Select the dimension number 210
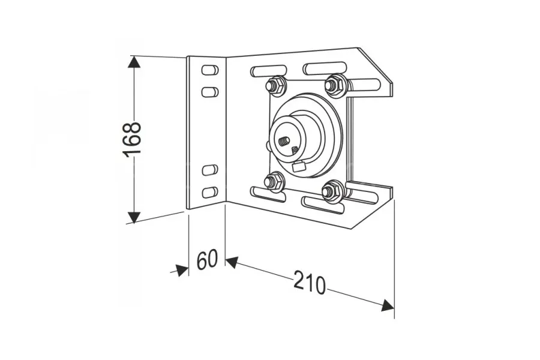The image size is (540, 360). click(x=310, y=282)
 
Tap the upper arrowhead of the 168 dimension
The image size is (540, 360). click(x=134, y=62)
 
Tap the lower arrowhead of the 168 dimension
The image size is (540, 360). click(x=134, y=217)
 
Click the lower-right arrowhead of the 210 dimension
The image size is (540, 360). click(x=388, y=305)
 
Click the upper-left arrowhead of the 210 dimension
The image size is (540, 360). click(x=232, y=262)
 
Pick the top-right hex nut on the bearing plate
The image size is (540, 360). click(x=334, y=84)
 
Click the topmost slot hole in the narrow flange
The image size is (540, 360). click(x=210, y=70)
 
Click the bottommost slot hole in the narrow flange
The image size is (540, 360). click(x=210, y=192)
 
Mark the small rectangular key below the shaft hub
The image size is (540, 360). click(x=299, y=166)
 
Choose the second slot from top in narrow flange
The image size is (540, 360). click(x=210, y=92)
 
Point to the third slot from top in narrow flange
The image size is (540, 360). click(x=210, y=170)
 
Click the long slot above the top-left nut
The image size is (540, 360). click(x=269, y=71)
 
